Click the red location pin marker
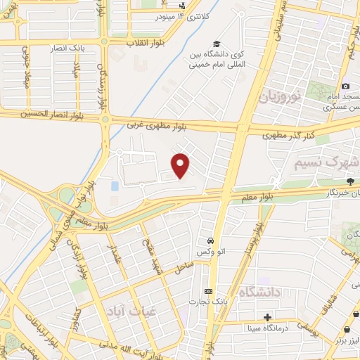(x=181, y=165)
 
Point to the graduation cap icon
(x=216, y=45)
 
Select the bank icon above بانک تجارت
(x=207, y=291)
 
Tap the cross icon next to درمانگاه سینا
(x=267, y=316)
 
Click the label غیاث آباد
(x=131, y=309)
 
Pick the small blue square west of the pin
(x=115, y=186)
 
